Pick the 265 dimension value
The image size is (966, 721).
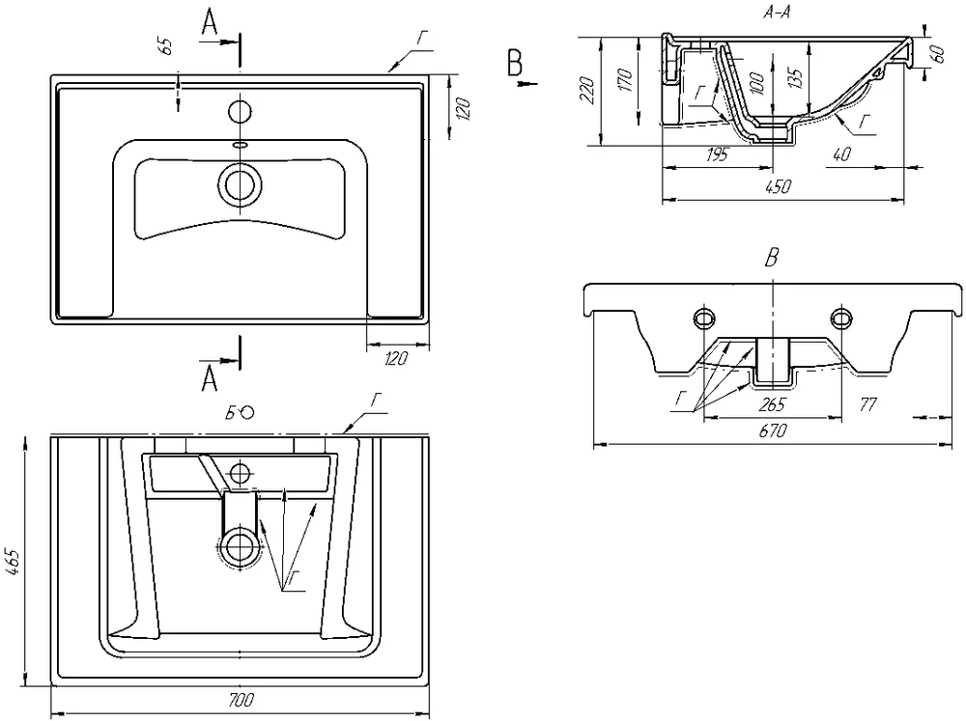[x=773, y=403]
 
